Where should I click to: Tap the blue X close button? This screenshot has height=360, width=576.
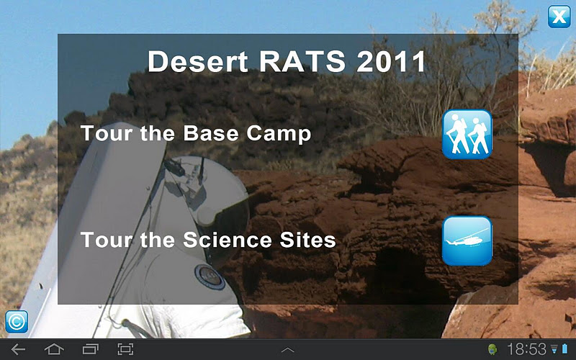[x=559, y=17]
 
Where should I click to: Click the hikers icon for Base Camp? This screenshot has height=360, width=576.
[x=467, y=134]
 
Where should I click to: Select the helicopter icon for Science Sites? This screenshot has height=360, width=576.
[x=467, y=240]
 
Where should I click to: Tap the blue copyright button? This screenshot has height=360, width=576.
[x=17, y=321]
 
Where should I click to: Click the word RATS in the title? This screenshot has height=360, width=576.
[x=302, y=61]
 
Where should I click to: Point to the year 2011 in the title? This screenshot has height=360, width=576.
[x=391, y=61]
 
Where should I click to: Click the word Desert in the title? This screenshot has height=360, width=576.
[x=197, y=61]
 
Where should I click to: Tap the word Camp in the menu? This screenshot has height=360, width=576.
[x=279, y=134]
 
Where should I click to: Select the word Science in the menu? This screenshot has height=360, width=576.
[x=227, y=240]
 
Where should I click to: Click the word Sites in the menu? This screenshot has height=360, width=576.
[x=307, y=240]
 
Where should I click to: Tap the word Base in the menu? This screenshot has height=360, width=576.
[x=210, y=133]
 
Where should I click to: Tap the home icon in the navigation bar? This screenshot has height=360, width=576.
[x=54, y=349]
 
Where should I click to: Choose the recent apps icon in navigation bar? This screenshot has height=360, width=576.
[x=90, y=349]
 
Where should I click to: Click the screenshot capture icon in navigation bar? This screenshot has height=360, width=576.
[x=125, y=349]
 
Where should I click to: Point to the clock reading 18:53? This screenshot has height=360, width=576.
[x=527, y=349]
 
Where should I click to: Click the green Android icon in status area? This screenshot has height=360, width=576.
[x=492, y=349]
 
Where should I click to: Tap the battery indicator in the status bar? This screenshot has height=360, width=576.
[x=564, y=349]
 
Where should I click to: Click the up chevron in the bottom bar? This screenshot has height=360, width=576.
[x=287, y=350]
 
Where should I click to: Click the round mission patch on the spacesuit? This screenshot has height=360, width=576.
[x=210, y=276]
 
